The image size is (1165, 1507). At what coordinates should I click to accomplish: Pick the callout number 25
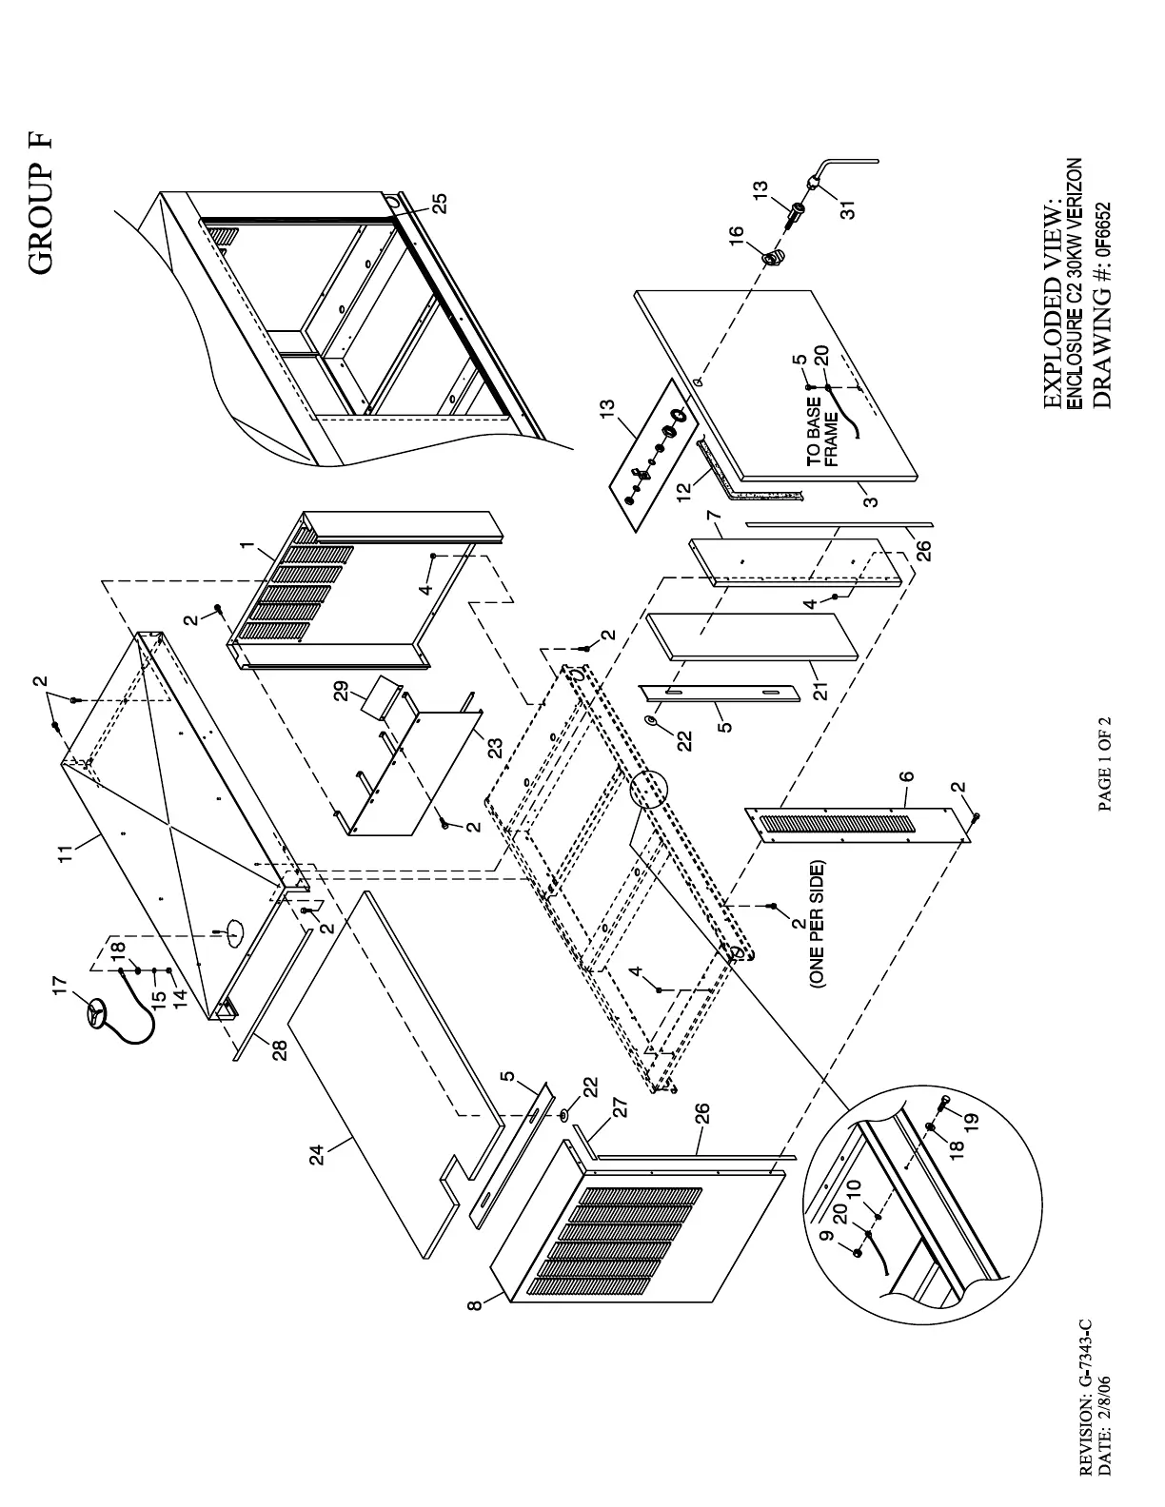(439, 203)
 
